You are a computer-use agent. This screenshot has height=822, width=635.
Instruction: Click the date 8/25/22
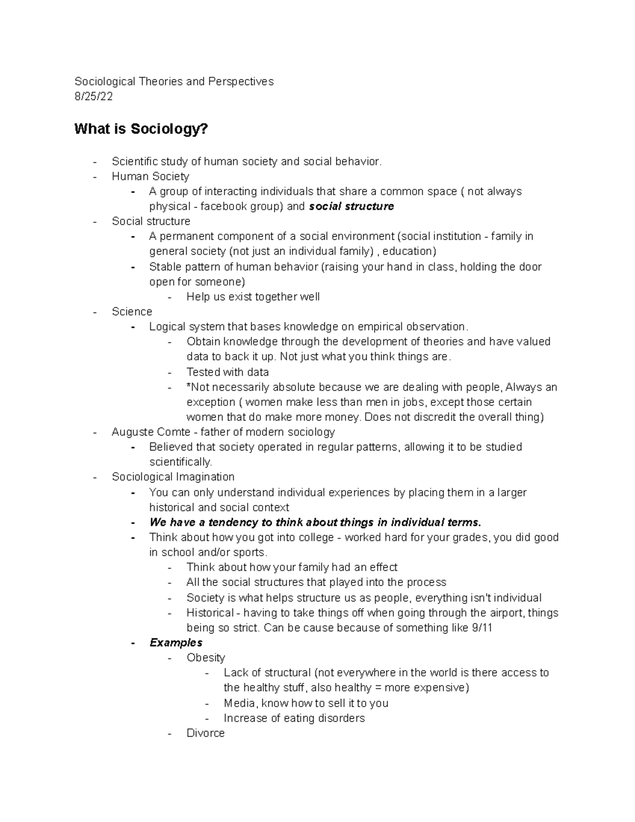click(93, 96)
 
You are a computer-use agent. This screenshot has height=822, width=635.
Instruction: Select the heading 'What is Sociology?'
click(141, 129)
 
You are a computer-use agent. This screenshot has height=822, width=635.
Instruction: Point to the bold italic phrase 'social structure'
click(351, 206)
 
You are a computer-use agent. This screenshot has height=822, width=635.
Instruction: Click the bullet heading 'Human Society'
click(150, 176)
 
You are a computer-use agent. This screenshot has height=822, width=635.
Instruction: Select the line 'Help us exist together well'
click(253, 297)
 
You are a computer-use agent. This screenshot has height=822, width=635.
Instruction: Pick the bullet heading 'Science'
click(132, 312)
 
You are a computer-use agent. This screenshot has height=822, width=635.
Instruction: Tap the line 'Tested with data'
click(228, 372)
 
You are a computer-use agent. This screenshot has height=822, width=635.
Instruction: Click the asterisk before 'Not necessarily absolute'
click(189, 386)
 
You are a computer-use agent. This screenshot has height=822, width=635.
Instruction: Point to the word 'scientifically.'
click(180, 462)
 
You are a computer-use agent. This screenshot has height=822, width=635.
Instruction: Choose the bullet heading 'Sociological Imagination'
click(173, 477)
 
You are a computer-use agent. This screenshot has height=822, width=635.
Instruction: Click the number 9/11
click(481, 628)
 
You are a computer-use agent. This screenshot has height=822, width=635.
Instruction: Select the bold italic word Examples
click(176, 643)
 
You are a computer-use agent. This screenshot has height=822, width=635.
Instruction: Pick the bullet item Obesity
click(206, 658)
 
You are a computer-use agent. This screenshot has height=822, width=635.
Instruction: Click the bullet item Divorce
click(205, 733)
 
